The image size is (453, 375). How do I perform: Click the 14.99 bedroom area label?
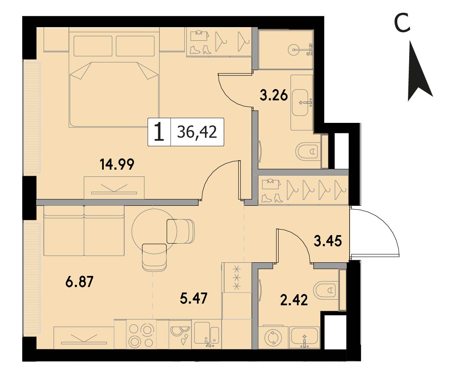[117, 165]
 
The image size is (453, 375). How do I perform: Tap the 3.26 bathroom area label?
[274, 95]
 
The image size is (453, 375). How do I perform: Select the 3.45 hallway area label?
[328, 241]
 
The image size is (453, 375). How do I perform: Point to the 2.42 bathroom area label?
[294, 300]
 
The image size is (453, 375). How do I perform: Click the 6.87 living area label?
[80, 282]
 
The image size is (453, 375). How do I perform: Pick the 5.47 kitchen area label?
[194, 298]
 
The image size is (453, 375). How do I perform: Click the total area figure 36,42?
[197, 132]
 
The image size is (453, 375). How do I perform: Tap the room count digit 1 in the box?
[159, 132]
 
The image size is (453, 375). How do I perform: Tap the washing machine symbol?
[273, 338]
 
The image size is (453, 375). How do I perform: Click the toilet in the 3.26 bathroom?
[308, 151]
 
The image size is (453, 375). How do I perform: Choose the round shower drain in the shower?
[294, 50]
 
